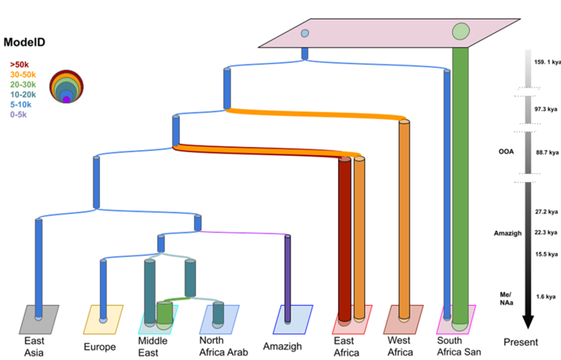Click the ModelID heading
(25, 43)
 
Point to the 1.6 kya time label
(545, 297)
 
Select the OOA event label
(506, 152)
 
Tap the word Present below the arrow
(521, 342)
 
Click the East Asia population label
(34, 346)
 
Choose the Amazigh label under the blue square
(282, 346)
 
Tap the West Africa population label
(400, 346)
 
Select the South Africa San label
(459, 346)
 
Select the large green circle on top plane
(461, 32)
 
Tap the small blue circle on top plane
(305, 33)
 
